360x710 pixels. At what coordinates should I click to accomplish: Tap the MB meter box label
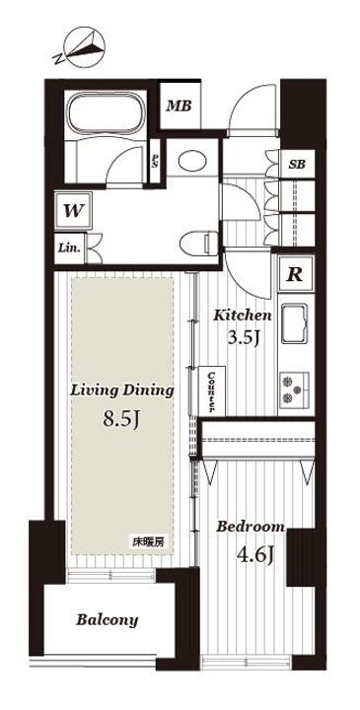tap(179, 106)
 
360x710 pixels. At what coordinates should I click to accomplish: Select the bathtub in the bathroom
tap(106, 114)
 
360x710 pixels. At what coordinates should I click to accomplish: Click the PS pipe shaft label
tap(155, 161)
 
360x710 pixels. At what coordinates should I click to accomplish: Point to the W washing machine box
tap(73, 211)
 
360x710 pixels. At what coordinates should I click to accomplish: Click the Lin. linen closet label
tap(69, 248)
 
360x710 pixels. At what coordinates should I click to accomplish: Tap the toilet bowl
tap(198, 244)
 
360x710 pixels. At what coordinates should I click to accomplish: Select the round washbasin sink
tap(192, 161)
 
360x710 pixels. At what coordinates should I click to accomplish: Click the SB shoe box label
tap(297, 165)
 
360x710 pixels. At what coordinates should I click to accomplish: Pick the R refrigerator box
tap(296, 274)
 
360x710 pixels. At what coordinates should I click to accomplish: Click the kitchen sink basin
tap(294, 323)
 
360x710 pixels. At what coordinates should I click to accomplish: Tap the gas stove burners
tap(295, 389)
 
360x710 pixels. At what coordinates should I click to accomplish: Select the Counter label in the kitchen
tap(211, 390)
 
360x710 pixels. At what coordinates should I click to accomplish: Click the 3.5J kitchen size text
tap(243, 338)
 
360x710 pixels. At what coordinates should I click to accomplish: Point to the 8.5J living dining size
tap(120, 419)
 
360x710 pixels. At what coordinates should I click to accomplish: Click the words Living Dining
tap(122, 390)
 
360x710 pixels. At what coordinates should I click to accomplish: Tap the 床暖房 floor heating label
tap(148, 541)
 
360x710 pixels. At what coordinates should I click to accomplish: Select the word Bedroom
tap(251, 527)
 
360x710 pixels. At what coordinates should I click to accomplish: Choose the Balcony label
tap(107, 620)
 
